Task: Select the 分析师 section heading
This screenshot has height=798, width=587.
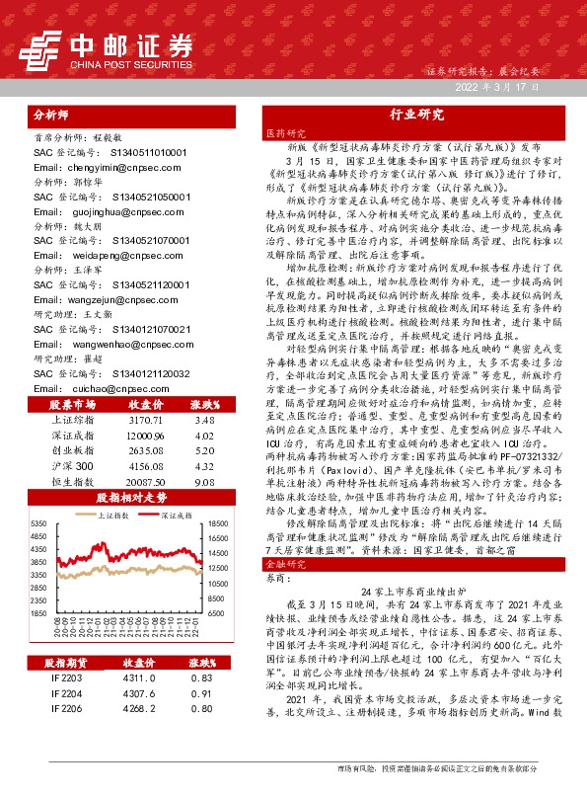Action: [x=53, y=114]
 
